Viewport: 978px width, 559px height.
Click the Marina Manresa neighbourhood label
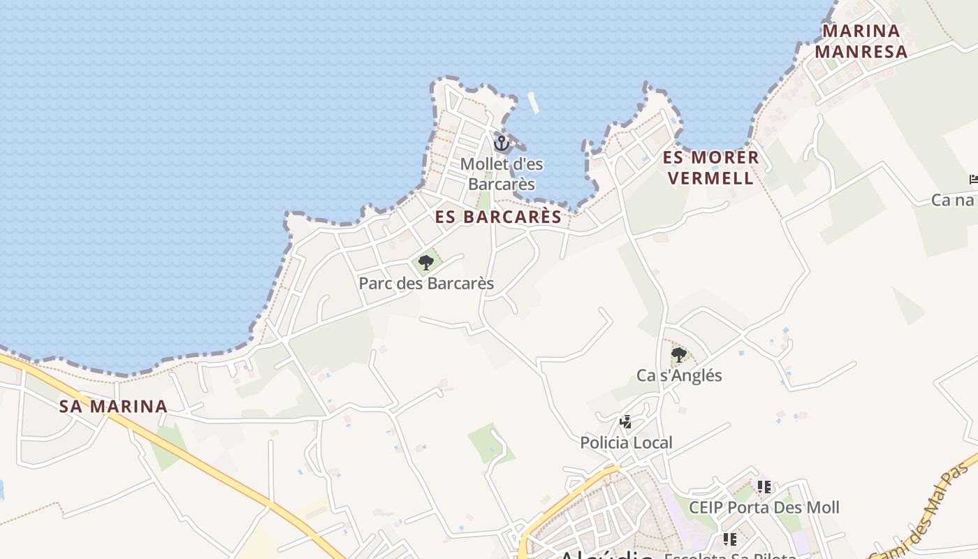pos(861,41)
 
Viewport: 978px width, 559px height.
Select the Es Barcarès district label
pos(498,217)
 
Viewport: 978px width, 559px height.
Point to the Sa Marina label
pos(113,406)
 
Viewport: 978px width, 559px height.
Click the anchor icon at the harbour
pos(501,143)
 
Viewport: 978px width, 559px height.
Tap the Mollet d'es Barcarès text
pos(502,174)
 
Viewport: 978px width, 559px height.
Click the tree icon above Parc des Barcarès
pos(425,263)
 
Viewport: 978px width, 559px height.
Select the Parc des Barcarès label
pos(426,284)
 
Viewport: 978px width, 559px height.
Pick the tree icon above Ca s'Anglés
pos(678,355)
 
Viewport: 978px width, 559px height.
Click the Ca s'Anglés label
pos(679,376)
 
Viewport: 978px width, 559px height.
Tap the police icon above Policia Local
pos(626,422)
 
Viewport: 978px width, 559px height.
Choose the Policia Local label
pos(626,443)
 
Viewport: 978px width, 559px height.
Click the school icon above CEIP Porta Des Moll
pos(764,486)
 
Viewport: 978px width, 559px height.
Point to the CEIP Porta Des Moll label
pos(764,507)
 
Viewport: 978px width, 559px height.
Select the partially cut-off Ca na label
pos(954,201)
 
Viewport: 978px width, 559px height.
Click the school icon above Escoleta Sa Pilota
pos(730,539)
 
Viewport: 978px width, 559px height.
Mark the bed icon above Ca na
pos(974,180)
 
